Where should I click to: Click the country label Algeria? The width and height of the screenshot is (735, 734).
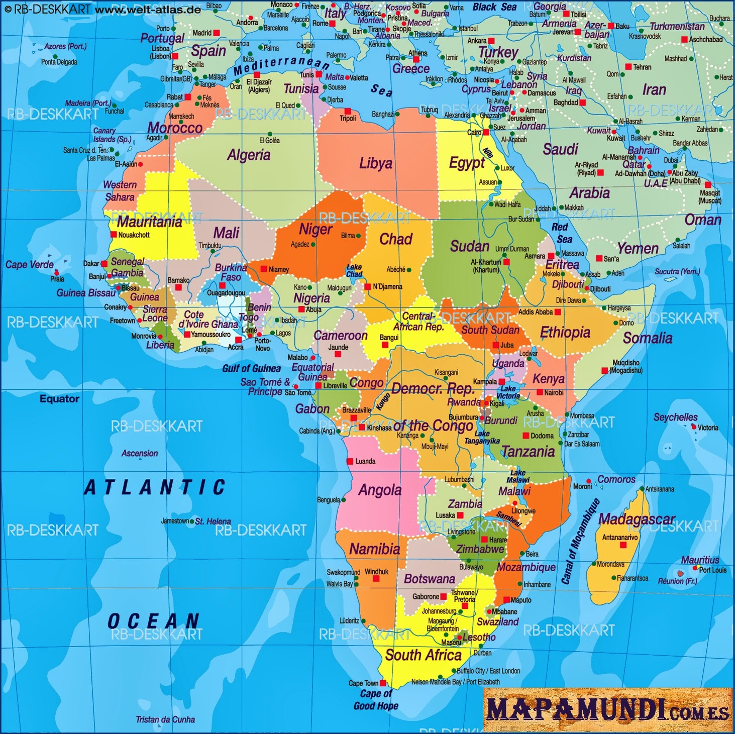(249, 155)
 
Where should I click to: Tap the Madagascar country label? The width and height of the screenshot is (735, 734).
(637, 519)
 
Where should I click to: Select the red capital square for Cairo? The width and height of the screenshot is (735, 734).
(486, 132)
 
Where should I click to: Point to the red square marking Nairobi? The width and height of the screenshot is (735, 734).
(540, 392)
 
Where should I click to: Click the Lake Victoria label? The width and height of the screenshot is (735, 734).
(508, 392)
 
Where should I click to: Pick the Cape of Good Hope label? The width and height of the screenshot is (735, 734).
(376, 699)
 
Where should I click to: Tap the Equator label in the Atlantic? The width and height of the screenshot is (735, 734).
(59, 398)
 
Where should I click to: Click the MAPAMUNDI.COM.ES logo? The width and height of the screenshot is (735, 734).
(607, 710)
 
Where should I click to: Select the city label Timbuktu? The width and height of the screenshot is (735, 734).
(210, 245)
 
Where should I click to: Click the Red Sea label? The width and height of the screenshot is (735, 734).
(561, 233)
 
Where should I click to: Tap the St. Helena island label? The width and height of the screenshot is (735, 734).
(213, 521)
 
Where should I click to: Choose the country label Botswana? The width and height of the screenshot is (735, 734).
(430, 579)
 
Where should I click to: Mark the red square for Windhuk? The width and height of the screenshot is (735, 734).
(376, 579)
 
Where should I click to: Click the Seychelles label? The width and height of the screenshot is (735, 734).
(675, 417)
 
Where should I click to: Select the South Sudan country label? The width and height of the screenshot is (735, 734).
(490, 330)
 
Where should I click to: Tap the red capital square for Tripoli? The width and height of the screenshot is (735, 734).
(347, 111)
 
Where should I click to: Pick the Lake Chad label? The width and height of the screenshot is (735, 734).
(354, 271)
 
